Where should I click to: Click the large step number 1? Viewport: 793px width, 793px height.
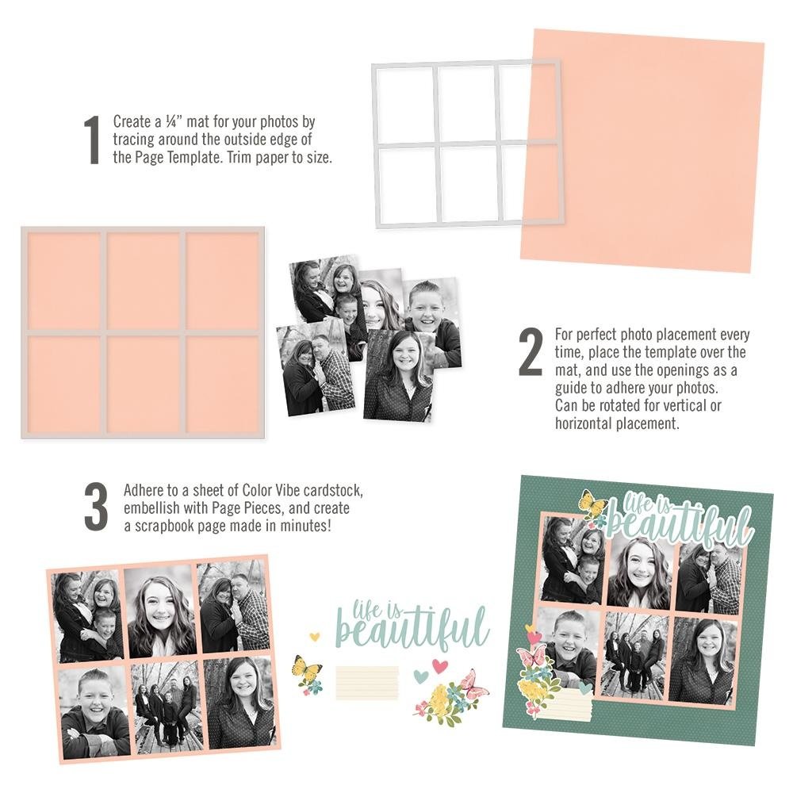(x=92, y=140)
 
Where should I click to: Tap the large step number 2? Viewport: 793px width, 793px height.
(x=531, y=351)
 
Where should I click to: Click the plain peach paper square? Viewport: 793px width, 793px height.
(x=642, y=151)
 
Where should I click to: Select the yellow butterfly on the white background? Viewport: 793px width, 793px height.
(x=306, y=667)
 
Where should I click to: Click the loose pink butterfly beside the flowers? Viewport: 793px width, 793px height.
(x=473, y=684)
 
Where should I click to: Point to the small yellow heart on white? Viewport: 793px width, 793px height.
(x=314, y=636)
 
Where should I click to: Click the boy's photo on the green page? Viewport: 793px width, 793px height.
(x=568, y=650)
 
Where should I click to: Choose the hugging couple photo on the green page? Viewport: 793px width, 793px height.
(x=708, y=577)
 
